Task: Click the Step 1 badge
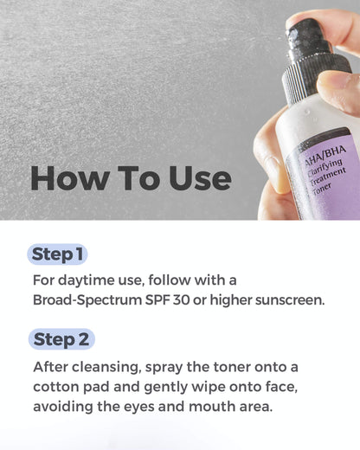point(59,254)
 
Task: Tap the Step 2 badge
point(62,338)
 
